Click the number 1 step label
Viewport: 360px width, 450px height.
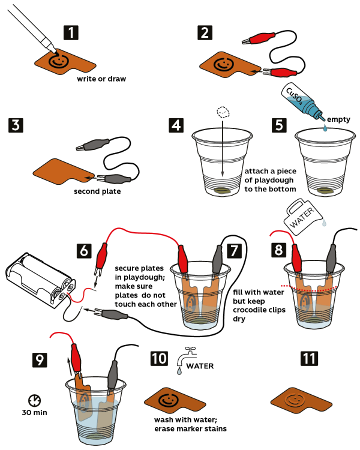pyautogui.click(x=71, y=32)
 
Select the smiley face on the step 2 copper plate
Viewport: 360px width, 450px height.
pyautogui.click(x=223, y=64)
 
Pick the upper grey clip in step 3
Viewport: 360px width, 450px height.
pyautogui.click(x=94, y=145)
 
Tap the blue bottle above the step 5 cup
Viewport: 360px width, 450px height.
pyautogui.click(x=307, y=105)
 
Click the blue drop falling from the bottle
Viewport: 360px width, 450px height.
pyautogui.click(x=325, y=127)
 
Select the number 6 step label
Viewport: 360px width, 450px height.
pyautogui.click(x=85, y=250)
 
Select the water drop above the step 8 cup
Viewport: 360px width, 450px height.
pyautogui.click(x=325, y=223)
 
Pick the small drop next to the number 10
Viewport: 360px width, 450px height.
pyautogui.click(x=179, y=371)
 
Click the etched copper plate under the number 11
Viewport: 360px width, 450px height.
pyautogui.click(x=299, y=400)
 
